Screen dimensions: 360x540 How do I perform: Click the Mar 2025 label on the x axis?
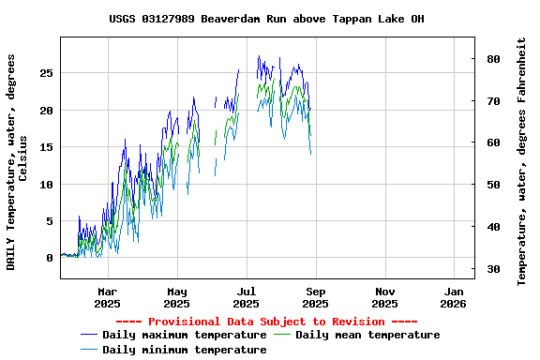point(107,297)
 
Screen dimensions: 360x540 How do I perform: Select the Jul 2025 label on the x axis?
point(246,297)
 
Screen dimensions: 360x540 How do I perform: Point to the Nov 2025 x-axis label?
point(384,297)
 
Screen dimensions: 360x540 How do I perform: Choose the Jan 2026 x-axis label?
point(454,297)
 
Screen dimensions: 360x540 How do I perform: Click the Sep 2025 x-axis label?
point(315,297)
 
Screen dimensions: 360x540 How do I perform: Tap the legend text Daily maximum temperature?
point(184,335)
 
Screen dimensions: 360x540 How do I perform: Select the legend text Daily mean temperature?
point(367,335)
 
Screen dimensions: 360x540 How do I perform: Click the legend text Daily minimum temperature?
point(184,350)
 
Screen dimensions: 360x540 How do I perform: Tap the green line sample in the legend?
point(282,335)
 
